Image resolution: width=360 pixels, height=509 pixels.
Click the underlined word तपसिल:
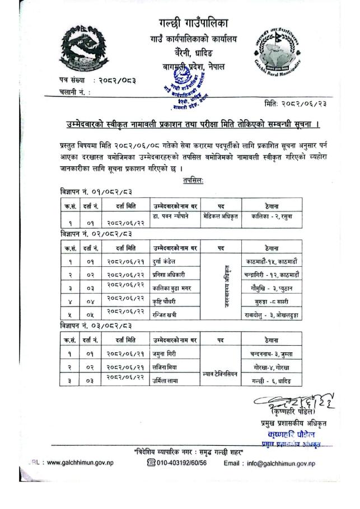click(193, 180)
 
